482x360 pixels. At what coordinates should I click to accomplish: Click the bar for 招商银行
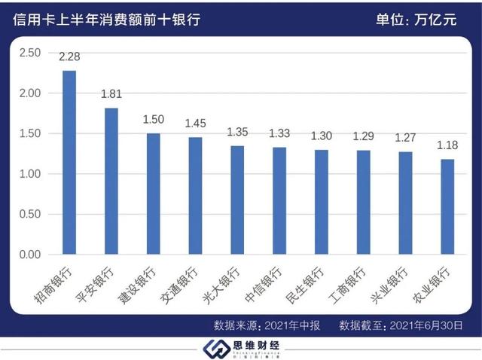point(69,163)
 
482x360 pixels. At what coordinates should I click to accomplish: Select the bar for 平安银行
point(111,182)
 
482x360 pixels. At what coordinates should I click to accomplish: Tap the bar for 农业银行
point(447,207)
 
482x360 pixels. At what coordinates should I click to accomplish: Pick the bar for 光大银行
point(236,200)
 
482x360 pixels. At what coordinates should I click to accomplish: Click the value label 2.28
point(69,56)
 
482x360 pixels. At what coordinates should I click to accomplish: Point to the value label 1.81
point(111,95)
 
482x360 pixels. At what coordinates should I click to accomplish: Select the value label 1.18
point(447,145)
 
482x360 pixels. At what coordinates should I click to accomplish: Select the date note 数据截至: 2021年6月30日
point(399,326)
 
